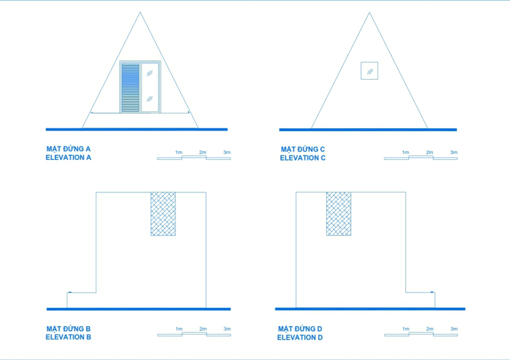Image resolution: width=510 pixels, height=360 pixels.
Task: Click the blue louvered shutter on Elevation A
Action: tap(130, 87)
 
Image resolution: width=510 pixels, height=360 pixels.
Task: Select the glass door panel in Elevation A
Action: tap(150, 87)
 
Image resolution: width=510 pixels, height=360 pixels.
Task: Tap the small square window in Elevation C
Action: tap(369, 70)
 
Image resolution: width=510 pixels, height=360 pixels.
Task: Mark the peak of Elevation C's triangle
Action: tap(369, 12)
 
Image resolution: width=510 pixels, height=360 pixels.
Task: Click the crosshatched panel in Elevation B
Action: tap(163, 214)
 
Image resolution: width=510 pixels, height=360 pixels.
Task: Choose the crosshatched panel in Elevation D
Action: tap(339, 213)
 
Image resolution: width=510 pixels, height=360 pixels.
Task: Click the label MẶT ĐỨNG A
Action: tap(69, 149)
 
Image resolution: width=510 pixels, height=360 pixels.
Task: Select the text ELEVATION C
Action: tap(303, 158)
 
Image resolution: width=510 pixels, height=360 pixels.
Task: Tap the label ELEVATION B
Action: tap(69, 337)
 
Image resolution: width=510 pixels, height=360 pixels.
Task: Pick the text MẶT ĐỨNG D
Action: tap(300, 329)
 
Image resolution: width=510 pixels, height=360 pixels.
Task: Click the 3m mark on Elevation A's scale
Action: tap(227, 152)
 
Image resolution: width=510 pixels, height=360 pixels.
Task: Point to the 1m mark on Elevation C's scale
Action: tap(405, 152)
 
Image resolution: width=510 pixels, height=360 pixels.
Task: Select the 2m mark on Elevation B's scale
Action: tap(203, 329)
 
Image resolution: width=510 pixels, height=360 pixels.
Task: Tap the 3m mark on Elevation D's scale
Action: tap(454, 329)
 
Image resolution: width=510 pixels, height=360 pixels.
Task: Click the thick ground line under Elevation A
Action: tap(136, 129)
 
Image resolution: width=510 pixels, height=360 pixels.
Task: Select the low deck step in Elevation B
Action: tap(81, 300)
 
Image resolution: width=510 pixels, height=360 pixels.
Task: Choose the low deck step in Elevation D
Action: tap(421, 300)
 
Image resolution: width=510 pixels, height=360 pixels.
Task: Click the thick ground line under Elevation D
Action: tap(370, 309)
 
